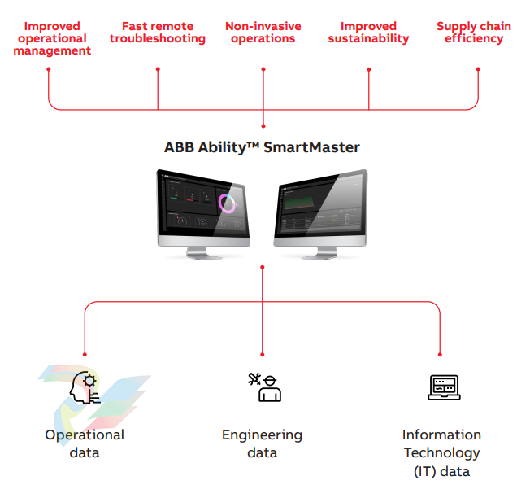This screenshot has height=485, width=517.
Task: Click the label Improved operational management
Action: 51,38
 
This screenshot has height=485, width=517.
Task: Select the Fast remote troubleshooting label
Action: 158,33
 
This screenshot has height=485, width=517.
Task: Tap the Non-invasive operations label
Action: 263,33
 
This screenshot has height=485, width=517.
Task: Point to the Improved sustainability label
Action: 368,33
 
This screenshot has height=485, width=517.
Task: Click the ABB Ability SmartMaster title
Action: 262,147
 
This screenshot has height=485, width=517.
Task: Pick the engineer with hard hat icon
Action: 264,387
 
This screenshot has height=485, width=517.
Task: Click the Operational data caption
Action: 85,443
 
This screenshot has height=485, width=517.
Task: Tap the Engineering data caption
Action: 262,443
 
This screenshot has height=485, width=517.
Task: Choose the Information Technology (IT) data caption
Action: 442,452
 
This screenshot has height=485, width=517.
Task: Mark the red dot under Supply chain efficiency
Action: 477,69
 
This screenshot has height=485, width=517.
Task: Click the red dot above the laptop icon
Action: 440,354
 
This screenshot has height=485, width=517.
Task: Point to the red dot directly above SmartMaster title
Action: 263,126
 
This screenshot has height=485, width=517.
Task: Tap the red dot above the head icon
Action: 85,354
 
